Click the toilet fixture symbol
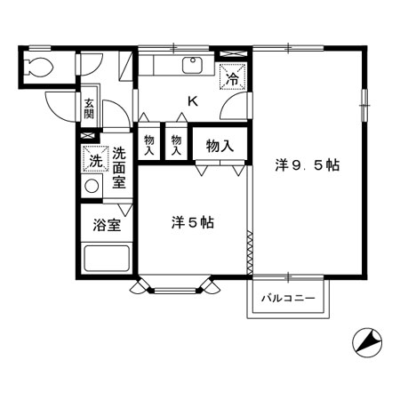pos(40,67)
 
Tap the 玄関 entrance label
pos(89,108)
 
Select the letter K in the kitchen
pos(193,101)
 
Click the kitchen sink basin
pos(193,65)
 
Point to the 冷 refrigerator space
pos(232,76)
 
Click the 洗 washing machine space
pos(96,159)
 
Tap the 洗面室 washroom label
pos(119,167)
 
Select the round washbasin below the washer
pos(92,186)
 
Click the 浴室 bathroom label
pos(107,225)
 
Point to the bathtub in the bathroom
pos(107,258)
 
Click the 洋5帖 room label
pos(193,222)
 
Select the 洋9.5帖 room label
pos(308,165)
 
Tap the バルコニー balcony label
pos(288,298)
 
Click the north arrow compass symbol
pos(367,343)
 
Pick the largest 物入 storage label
pos(220,146)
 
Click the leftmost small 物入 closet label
pos(149,145)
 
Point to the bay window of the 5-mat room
pos(175,286)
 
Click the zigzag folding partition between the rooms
pos(250,252)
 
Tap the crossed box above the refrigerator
pos(234,54)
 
